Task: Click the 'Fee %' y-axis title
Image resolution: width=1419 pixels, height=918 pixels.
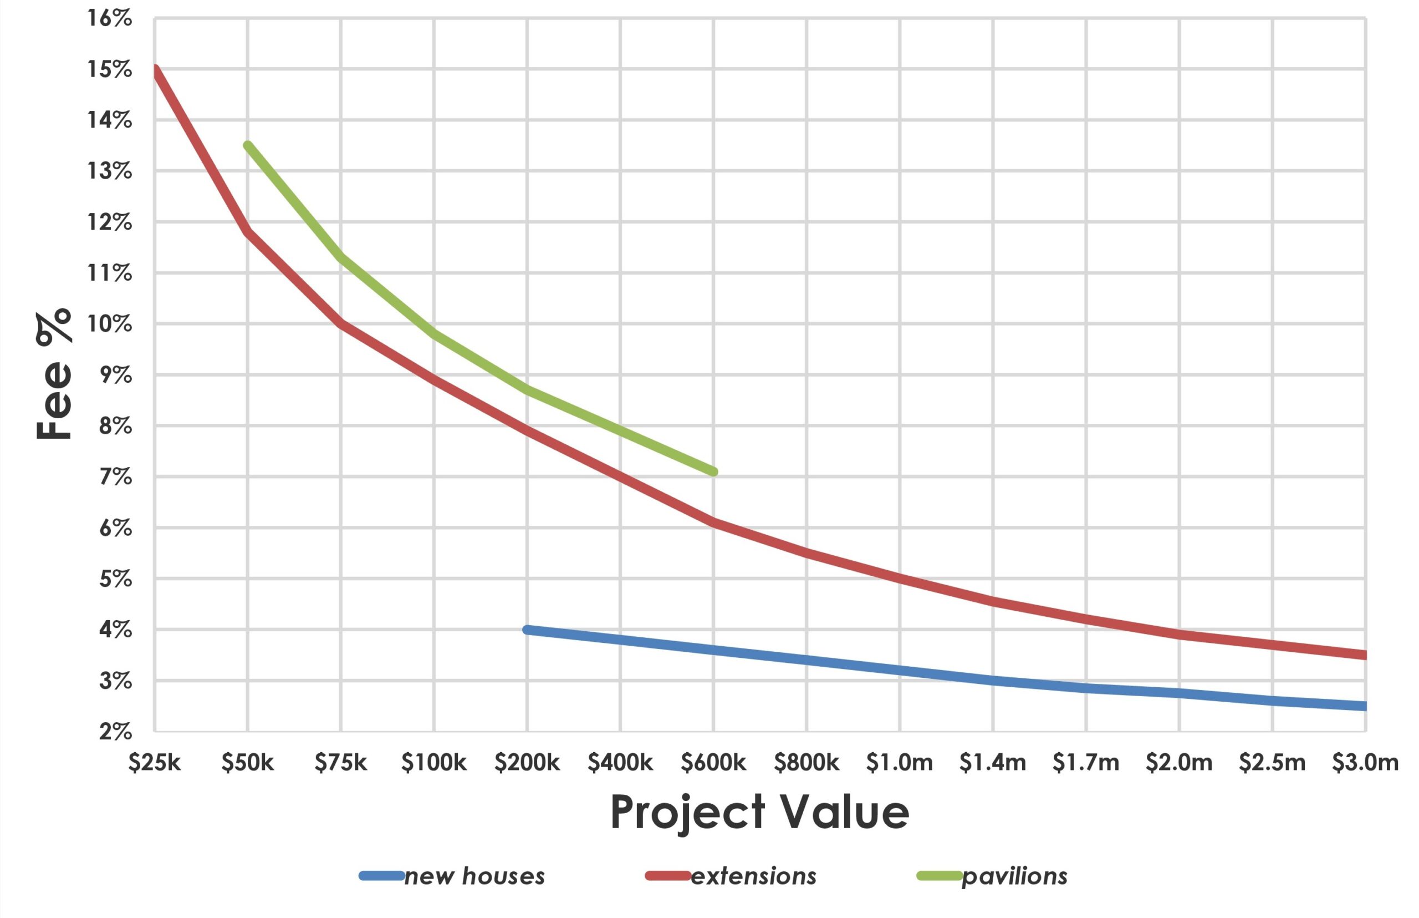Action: click(54, 374)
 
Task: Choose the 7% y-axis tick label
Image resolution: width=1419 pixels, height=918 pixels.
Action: click(115, 477)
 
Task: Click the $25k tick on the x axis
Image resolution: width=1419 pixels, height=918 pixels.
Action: click(154, 763)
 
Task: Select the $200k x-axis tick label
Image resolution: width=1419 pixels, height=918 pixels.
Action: click(527, 763)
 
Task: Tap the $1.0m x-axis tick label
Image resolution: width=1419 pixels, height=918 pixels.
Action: click(899, 763)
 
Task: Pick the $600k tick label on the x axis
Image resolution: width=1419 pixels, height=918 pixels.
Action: click(713, 763)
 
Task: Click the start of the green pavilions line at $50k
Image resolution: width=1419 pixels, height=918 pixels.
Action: click(248, 145)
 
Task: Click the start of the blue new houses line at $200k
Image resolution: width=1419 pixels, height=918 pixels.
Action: click(527, 630)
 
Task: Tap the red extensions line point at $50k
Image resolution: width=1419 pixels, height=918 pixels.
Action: click(248, 231)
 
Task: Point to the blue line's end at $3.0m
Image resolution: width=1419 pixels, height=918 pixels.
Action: click(1364, 706)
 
